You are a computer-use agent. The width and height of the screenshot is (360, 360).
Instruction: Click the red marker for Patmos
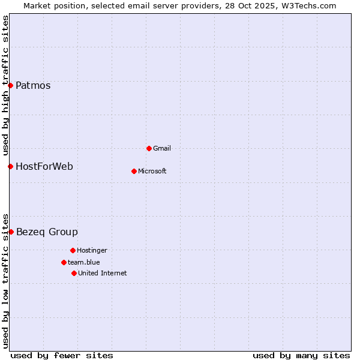pyautogui.click(x=10, y=85)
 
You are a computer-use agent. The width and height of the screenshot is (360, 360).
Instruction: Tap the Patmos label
pyautogui.click(x=33, y=85)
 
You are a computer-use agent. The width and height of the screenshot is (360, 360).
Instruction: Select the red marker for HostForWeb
pyautogui.click(x=10, y=166)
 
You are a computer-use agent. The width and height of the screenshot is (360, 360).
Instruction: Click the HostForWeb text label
pyautogui.click(x=44, y=166)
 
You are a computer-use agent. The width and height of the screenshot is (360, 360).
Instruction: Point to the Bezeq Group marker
pyautogui.click(x=11, y=232)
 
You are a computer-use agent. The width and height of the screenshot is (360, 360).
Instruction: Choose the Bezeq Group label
pyautogui.click(x=47, y=232)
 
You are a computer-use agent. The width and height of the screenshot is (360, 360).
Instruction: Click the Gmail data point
pyautogui.click(x=149, y=148)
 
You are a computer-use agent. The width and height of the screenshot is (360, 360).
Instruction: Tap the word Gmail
pyautogui.click(x=162, y=148)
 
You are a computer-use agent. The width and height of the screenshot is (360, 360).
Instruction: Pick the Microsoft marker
pyautogui.click(x=134, y=171)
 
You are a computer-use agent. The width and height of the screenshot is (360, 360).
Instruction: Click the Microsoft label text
pyautogui.click(x=152, y=171)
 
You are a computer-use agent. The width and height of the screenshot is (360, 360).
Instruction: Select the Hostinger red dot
pyautogui.click(x=73, y=250)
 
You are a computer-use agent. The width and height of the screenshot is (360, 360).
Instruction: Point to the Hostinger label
pyautogui.click(x=92, y=250)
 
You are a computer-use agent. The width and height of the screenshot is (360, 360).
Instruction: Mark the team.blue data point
pyautogui.click(x=64, y=262)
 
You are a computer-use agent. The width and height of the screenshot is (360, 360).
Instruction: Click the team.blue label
pyautogui.click(x=84, y=262)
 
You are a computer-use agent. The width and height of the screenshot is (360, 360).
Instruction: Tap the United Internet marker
pyautogui.click(x=74, y=273)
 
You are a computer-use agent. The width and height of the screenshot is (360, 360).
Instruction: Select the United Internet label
pyautogui.click(x=103, y=273)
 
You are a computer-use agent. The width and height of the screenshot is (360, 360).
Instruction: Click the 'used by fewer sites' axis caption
pyautogui.click(x=62, y=355)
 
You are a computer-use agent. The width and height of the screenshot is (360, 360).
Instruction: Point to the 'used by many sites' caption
pyautogui.click(x=301, y=355)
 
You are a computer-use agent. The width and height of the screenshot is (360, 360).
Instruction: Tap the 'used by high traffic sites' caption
pyautogui.click(x=5, y=84)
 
